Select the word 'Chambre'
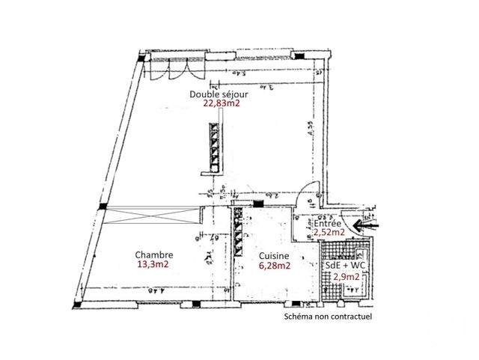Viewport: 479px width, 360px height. click(x=155, y=254)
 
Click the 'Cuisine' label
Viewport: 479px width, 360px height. click(x=275, y=254)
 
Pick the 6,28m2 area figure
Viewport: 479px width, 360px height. click(x=275, y=264)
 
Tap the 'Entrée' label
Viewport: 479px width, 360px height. click(x=329, y=224)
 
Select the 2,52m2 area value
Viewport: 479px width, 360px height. click(x=329, y=233)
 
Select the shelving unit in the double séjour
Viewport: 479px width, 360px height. click(x=215, y=147)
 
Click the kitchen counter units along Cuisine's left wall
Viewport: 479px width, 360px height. click(x=239, y=232)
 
